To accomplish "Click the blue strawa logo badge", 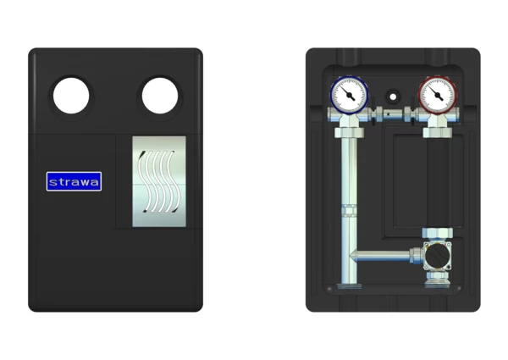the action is pyautogui.click(x=74, y=181).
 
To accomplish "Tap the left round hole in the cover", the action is pyautogui.click(x=71, y=96).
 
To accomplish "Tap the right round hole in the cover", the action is pyautogui.click(x=160, y=96).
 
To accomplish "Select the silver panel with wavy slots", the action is pyautogui.click(x=159, y=181).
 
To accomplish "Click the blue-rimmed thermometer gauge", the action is pyautogui.click(x=349, y=95).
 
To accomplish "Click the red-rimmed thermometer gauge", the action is pyautogui.click(x=438, y=95).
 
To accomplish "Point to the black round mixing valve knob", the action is pyautogui.click(x=438, y=256).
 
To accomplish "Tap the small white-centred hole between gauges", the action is pyautogui.click(x=393, y=97).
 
